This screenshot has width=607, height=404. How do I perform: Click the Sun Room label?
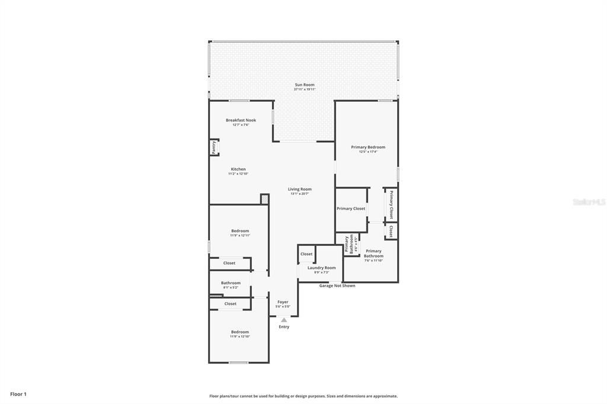pyautogui.click(x=305, y=85)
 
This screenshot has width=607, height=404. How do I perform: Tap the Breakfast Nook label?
pyautogui.click(x=241, y=120)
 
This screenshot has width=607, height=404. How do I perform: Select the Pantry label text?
pyautogui.click(x=213, y=147)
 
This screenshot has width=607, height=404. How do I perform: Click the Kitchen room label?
pyautogui.click(x=238, y=169)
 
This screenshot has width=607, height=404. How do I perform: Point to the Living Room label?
pyautogui.click(x=300, y=190)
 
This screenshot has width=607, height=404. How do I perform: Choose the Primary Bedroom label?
pyautogui.click(x=368, y=148)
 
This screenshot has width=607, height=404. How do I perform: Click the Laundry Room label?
pyautogui.click(x=321, y=268)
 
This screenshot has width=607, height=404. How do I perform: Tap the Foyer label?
pyautogui.click(x=283, y=302)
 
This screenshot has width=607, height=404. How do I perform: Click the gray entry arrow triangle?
pyautogui.click(x=284, y=320)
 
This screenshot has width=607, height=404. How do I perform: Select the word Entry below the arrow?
pyautogui.click(x=284, y=327)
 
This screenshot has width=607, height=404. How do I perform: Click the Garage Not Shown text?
pyautogui.click(x=337, y=286)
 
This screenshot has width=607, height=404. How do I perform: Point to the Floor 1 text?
pyautogui.click(x=18, y=394)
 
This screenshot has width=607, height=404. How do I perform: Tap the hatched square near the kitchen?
pyautogui.click(x=264, y=200)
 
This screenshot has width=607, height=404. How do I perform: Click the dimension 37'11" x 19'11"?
pyautogui.click(x=305, y=89)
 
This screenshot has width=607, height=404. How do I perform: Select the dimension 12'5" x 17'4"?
pyautogui.click(x=368, y=152)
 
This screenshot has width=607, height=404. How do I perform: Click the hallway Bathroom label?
pyautogui.click(x=231, y=283)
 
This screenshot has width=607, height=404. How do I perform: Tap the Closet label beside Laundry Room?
pyautogui.click(x=306, y=254)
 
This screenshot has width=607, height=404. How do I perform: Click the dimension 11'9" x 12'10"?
pyautogui.click(x=240, y=336)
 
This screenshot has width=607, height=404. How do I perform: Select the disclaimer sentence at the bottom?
pyautogui.click(x=303, y=396)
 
